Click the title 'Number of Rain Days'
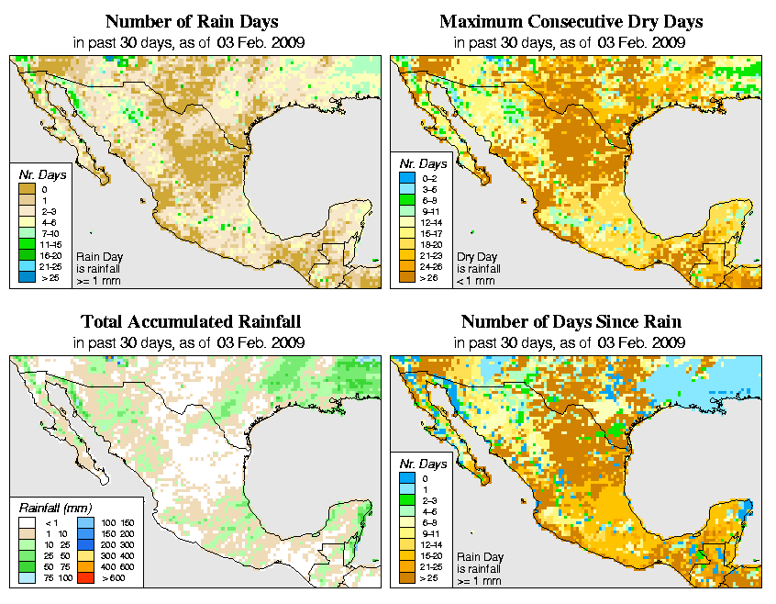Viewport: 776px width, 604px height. pos(193,21)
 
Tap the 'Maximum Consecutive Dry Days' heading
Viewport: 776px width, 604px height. pos(571,21)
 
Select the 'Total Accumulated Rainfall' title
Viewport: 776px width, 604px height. pos(191,322)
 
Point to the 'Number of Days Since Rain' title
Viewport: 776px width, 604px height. pos(571,322)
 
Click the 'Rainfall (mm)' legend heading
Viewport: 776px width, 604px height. pos(54,507)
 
